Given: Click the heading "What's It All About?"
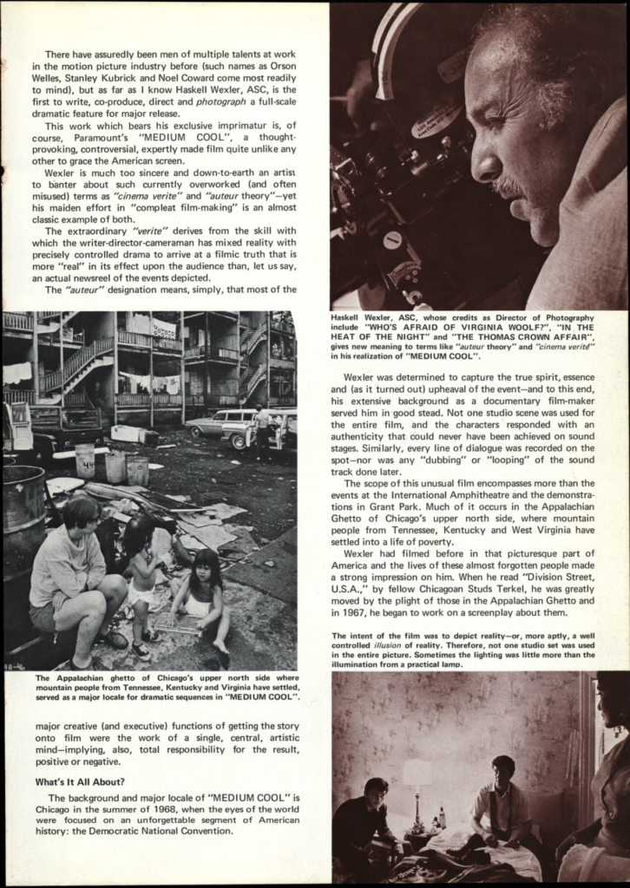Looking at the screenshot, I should tap(81, 782).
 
